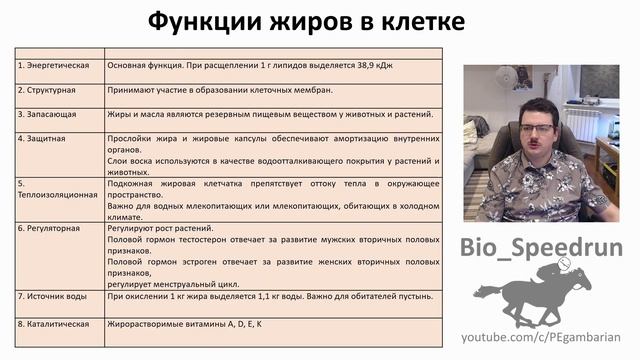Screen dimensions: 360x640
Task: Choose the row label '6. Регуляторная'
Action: [x=51, y=228]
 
